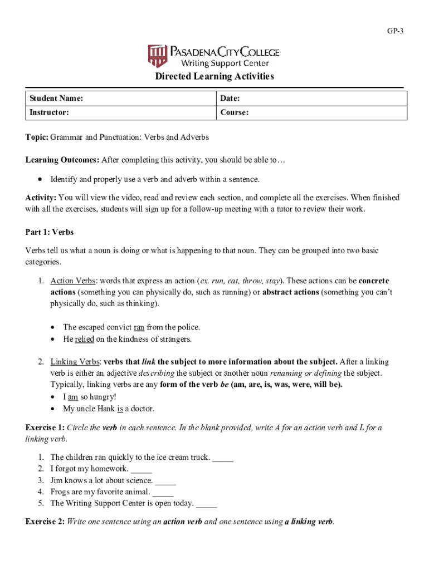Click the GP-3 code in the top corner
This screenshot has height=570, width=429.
pyautogui.click(x=395, y=31)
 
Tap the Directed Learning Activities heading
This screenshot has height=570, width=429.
pyautogui.click(x=214, y=76)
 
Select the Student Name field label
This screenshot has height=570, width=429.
pyautogui.click(x=56, y=99)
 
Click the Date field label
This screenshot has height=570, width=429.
pyautogui.click(x=230, y=99)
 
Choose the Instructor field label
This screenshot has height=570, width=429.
pyautogui.click(x=50, y=112)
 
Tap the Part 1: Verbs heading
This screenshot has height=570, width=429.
pyautogui.click(x=50, y=232)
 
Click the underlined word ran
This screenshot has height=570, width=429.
pyautogui.click(x=139, y=327)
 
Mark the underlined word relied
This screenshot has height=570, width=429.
pyautogui.click(x=84, y=339)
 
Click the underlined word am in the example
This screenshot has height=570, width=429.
pyautogui.click(x=72, y=397)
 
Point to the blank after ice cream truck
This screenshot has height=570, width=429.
pyautogui.click(x=223, y=458)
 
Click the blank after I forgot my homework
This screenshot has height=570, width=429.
pyautogui.click(x=142, y=469)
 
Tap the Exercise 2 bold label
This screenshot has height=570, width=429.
pyautogui.click(x=45, y=522)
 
